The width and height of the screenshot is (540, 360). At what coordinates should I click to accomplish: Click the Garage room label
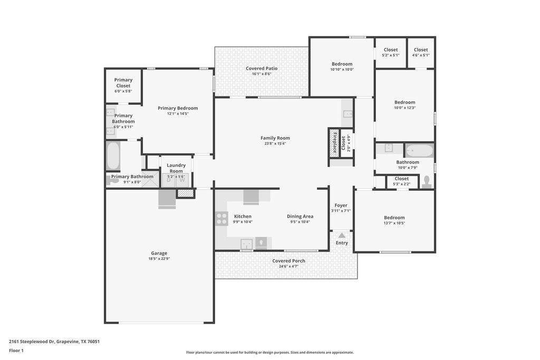click(x=159, y=253)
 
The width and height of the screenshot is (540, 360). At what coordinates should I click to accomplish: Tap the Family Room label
click(x=275, y=138)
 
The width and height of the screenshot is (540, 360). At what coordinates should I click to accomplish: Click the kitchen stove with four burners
click(x=221, y=219)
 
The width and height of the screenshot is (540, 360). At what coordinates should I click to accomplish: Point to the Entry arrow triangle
click(x=342, y=236)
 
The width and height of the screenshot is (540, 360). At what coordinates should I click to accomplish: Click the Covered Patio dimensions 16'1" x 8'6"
click(x=262, y=74)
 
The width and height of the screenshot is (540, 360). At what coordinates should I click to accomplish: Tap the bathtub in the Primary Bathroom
click(x=113, y=156)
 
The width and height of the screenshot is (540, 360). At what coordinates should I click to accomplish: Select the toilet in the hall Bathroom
click(x=427, y=182)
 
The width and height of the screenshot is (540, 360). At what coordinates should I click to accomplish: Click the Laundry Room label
click(x=176, y=168)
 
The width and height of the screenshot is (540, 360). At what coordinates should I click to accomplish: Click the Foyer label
click(x=341, y=206)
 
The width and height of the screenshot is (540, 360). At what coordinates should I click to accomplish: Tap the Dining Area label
click(x=300, y=217)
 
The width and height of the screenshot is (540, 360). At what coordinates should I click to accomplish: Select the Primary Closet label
click(x=123, y=83)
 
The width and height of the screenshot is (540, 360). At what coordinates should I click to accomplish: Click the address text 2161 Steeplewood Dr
click(x=32, y=342)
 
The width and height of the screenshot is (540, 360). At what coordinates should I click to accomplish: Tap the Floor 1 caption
click(x=16, y=351)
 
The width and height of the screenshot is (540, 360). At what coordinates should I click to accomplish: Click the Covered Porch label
click(x=288, y=261)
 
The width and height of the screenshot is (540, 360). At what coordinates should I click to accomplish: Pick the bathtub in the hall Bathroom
click(x=419, y=151)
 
